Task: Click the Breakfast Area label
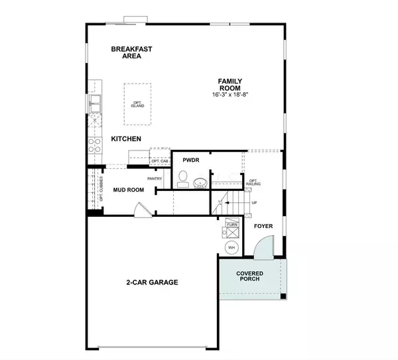pyautogui.click(x=131, y=52)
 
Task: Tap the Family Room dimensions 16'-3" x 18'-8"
pyautogui.click(x=230, y=95)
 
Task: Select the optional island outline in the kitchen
pyautogui.click(x=137, y=104)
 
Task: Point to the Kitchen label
pyautogui.click(x=126, y=139)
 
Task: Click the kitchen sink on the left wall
pyautogui.click(x=95, y=103)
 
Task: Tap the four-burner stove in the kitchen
pyautogui.click(x=95, y=145)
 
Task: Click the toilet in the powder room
pyautogui.click(x=183, y=179)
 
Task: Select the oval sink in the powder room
pyautogui.click(x=200, y=183)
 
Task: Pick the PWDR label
pyautogui.click(x=191, y=160)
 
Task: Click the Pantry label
pyautogui.click(x=155, y=179)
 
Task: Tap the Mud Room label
pyautogui.click(x=129, y=190)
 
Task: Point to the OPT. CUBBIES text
pyautogui.click(x=101, y=189)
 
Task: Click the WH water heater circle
pyautogui.click(x=232, y=247)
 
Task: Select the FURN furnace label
pyautogui.click(x=232, y=225)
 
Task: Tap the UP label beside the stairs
pyautogui.click(x=254, y=203)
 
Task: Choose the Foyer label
pyautogui.click(x=263, y=226)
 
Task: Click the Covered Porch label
pyautogui.click(x=250, y=276)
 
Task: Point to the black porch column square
pyautogui.click(x=283, y=296)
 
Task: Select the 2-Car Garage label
pyautogui.click(x=153, y=282)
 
